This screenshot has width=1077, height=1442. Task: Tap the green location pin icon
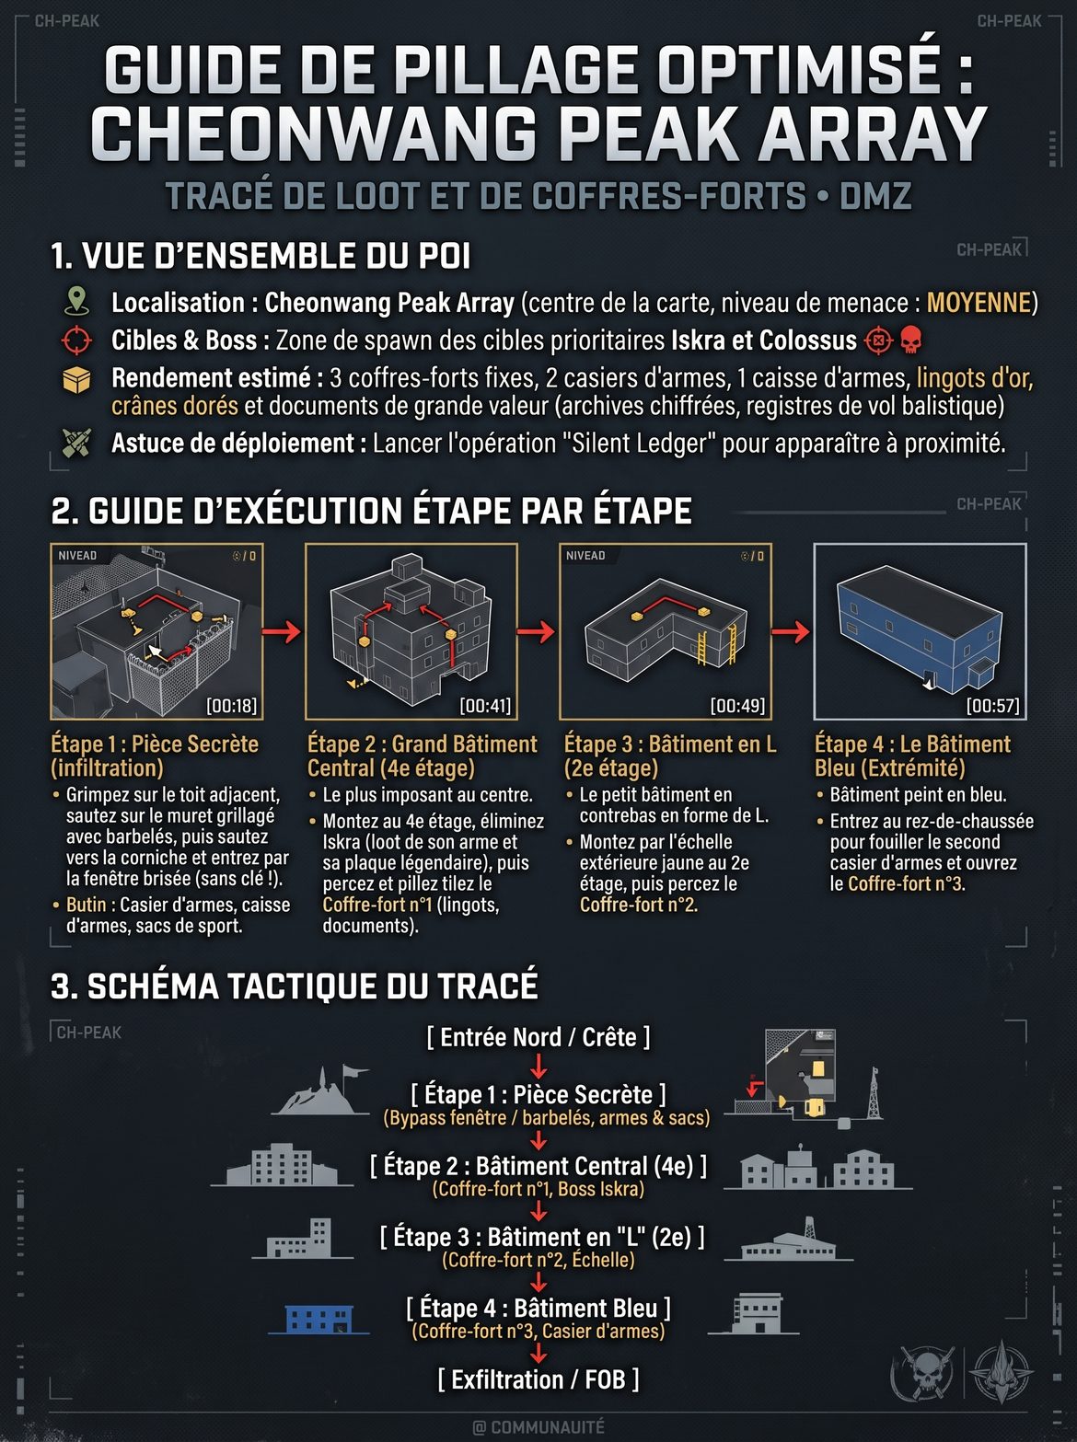tap(77, 302)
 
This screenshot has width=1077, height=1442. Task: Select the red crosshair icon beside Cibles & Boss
tap(76, 340)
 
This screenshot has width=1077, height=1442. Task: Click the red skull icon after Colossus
tap(910, 340)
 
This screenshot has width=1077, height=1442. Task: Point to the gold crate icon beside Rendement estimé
tap(76, 380)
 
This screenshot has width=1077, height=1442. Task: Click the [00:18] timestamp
tap(232, 706)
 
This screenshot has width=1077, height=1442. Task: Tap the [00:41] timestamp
tap(485, 706)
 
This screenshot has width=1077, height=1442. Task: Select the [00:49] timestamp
tap(738, 706)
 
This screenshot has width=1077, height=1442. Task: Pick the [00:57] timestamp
tap(993, 706)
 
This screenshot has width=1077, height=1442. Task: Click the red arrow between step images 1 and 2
tap(282, 632)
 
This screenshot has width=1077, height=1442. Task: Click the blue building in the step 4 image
tap(920, 630)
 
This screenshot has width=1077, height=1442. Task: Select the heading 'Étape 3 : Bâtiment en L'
tap(670, 744)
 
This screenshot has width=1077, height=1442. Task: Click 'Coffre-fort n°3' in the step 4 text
tap(906, 883)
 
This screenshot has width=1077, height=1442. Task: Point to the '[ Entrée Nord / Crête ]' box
tap(538, 1037)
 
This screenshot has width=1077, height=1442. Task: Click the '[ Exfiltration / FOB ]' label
tap(538, 1379)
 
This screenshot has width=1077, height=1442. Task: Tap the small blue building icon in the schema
tap(319, 1318)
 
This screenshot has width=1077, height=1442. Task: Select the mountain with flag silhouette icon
tap(320, 1091)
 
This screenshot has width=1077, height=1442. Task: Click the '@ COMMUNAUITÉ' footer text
tap(538, 1427)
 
